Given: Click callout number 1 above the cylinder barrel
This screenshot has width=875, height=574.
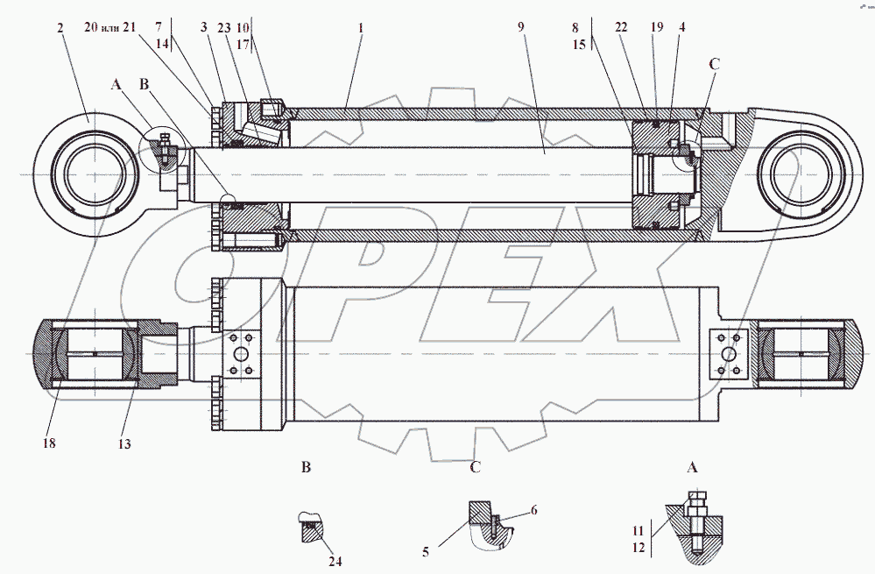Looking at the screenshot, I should click(361, 29).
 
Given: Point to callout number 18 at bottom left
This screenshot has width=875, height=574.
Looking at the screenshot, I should click(49, 444).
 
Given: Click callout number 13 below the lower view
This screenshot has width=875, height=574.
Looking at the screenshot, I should click(124, 444).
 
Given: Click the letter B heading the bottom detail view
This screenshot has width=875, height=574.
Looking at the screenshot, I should click(307, 467).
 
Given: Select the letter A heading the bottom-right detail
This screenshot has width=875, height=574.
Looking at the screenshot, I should click(692, 468).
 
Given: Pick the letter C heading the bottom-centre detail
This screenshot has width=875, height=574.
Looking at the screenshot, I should click(476, 467).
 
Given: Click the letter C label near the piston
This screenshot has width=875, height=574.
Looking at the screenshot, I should click(715, 64).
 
